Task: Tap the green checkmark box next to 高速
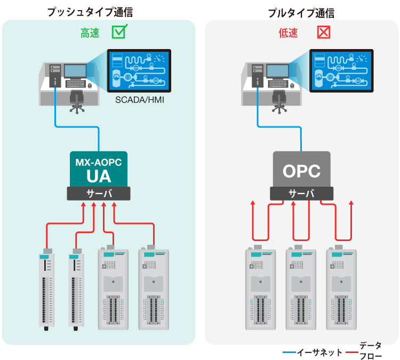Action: pyautogui.click(x=119, y=33)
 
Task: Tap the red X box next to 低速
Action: pyautogui.click(x=324, y=33)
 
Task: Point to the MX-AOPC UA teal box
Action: pyautogui.click(x=99, y=169)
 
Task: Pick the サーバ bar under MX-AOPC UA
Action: pyautogui.click(x=99, y=194)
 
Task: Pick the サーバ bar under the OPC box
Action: pyautogui.click(x=301, y=194)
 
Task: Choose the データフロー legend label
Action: pyautogui.click(x=370, y=351)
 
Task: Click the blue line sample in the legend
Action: pyautogui.click(x=289, y=352)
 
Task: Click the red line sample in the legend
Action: pyautogui.click(x=351, y=352)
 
